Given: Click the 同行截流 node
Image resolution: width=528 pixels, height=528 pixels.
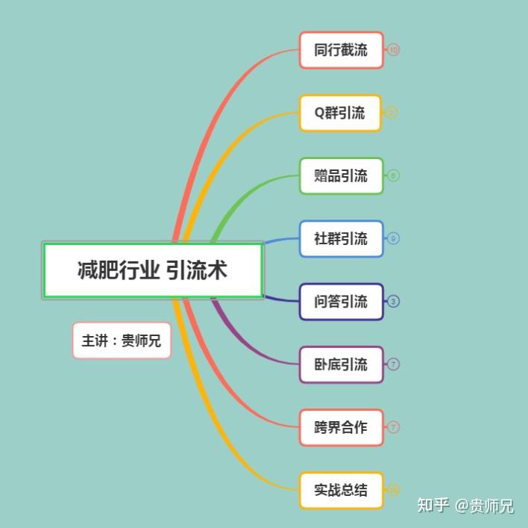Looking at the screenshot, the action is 341,50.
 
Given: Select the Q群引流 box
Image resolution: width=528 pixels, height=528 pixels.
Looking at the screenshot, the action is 340,113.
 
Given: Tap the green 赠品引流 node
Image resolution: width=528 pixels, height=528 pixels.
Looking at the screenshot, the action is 341,176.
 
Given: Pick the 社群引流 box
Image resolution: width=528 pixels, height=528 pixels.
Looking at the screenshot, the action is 341,239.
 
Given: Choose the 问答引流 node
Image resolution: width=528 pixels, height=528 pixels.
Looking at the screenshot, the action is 341,302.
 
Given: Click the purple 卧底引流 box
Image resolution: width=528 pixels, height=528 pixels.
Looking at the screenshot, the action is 341,364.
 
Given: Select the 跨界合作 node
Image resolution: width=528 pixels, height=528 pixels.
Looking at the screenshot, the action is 341,428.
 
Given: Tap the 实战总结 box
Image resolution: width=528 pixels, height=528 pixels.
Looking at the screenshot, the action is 341,491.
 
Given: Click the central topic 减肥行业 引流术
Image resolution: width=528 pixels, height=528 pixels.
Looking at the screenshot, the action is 153,270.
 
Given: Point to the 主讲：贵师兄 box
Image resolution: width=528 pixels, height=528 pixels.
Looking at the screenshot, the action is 122,341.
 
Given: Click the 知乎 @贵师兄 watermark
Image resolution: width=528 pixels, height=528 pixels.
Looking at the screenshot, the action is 465,506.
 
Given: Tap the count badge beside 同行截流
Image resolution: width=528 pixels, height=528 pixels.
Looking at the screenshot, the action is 394,50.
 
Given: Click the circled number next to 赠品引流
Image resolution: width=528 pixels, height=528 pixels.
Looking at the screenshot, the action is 394,176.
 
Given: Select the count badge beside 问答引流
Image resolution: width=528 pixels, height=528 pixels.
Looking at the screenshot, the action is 394,302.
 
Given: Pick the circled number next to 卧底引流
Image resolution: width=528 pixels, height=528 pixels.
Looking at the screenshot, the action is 394,364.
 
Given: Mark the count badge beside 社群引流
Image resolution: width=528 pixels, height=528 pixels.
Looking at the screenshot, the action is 394,239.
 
